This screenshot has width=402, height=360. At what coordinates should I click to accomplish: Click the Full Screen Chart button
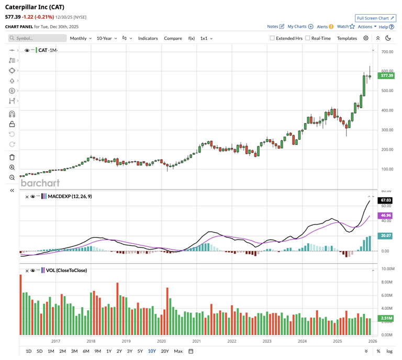point(375,18)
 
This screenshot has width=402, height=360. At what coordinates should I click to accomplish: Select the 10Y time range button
point(152,351)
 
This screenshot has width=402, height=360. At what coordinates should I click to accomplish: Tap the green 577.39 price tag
point(387,76)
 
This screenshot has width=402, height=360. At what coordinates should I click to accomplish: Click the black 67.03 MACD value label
point(386,200)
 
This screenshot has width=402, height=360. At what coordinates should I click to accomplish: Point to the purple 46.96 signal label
point(386,215)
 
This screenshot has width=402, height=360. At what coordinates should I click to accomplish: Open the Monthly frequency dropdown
point(81,38)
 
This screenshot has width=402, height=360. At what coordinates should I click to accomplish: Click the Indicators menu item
point(148,38)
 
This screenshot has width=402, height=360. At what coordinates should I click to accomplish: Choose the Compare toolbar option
point(173,38)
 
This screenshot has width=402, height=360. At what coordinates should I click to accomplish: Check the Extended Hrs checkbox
point(272,38)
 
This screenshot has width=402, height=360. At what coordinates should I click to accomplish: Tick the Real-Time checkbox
point(308,38)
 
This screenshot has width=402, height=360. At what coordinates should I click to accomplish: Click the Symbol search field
point(38,38)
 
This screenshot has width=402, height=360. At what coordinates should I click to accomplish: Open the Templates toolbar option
point(347,38)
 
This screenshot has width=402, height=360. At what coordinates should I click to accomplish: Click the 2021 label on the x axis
point(196,341)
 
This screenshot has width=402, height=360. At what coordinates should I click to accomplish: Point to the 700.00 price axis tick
point(387,52)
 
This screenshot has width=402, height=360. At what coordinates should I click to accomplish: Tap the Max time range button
point(178,351)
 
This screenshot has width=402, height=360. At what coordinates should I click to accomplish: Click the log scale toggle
point(389,351)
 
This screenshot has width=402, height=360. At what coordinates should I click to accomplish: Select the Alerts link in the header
point(322,27)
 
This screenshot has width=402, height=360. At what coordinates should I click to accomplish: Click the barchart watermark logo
point(40,183)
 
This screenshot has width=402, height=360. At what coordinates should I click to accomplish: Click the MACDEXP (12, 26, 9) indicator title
point(69,196)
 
